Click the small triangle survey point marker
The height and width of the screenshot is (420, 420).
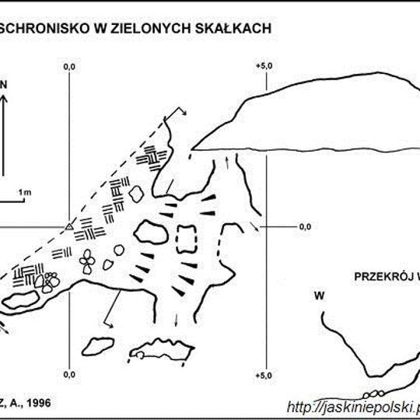[x=68, y=226]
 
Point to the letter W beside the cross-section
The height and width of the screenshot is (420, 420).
[x=318, y=296]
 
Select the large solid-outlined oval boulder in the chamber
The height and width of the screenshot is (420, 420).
[x=152, y=232]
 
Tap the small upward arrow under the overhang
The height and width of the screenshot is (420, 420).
[x=227, y=159]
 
